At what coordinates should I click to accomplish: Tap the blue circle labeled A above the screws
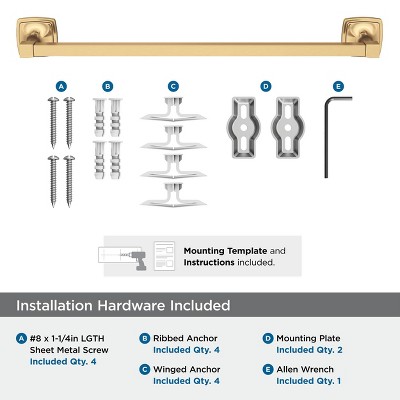pos(61,87)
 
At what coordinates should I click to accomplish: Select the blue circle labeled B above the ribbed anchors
pos(108,87)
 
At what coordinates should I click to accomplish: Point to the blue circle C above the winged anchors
pos(173,87)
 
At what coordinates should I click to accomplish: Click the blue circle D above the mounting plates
pos(265,87)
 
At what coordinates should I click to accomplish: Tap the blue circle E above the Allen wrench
pos(338,87)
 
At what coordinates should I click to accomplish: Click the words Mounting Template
pos(217,251)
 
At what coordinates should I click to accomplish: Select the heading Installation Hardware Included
pos(123,305)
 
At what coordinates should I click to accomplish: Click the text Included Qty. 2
pos(310,350)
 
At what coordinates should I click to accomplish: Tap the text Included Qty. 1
pos(310,381)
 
